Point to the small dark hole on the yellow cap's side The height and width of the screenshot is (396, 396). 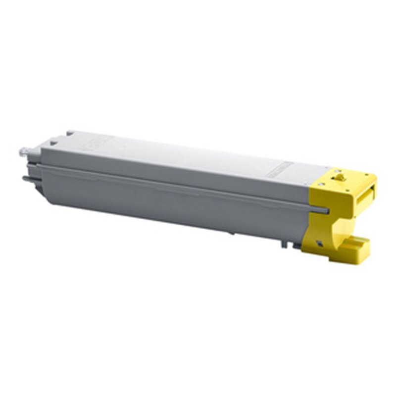[320, 242]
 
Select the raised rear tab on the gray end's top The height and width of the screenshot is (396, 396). [70, 133]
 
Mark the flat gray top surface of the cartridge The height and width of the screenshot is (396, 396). [188, 153]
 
